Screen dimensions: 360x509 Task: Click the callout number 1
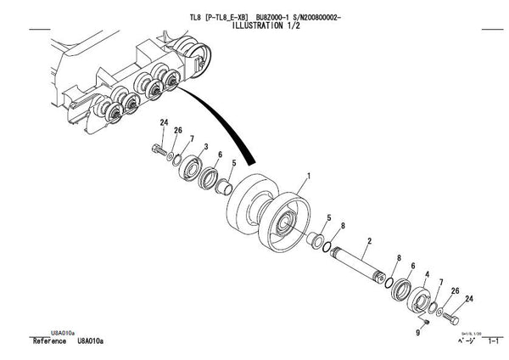tap(308, 177)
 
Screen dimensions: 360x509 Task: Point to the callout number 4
tap(428, 275)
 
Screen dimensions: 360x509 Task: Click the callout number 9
tap(417, 333)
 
